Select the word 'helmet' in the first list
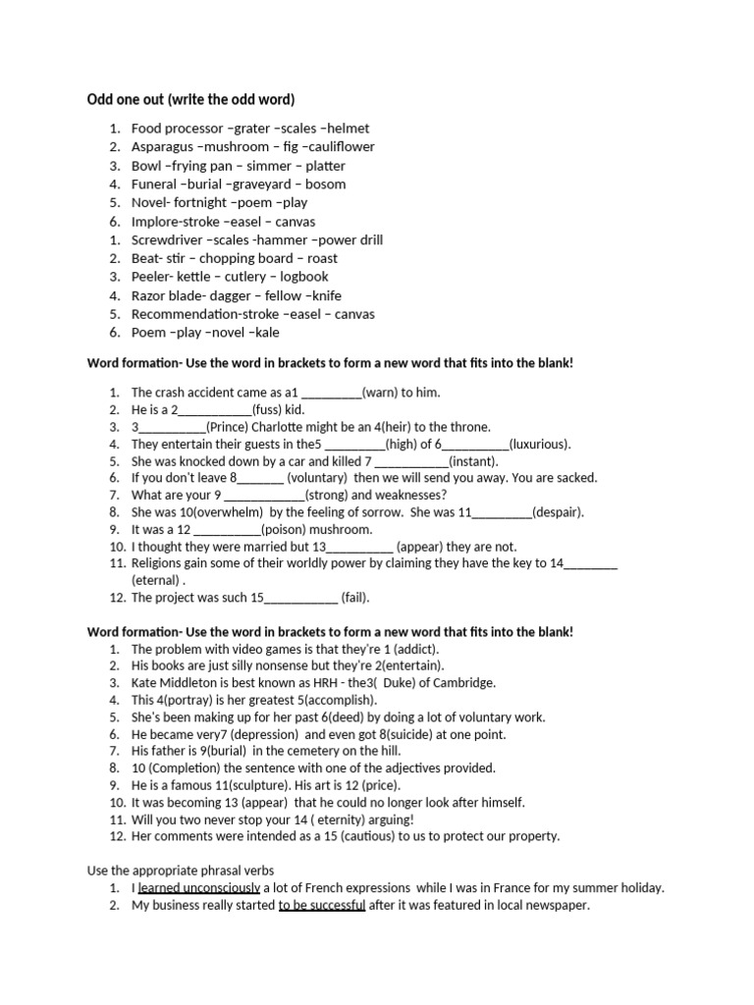(x=348, y=128)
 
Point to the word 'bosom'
(x=326, y=184)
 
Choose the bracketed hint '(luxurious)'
(x=539, y=444)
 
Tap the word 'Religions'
(x=160, y=563)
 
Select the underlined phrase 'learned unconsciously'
(x=199, y=888)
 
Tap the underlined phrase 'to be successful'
(x=322, y=905)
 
